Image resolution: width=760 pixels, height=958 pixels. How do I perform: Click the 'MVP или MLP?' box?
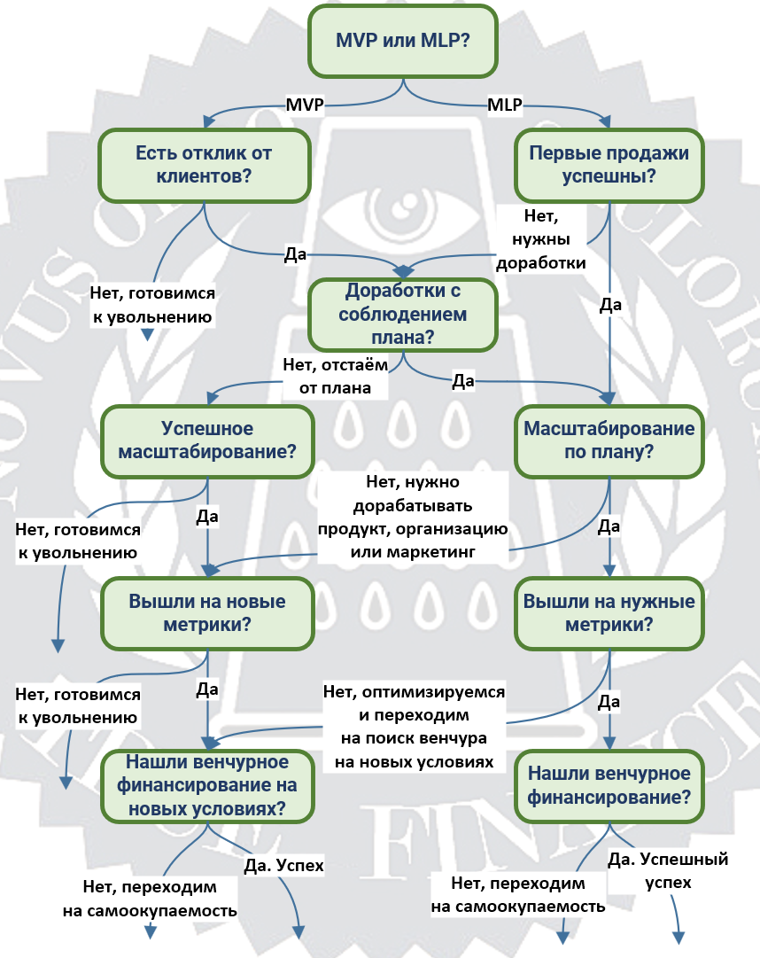(403, 41)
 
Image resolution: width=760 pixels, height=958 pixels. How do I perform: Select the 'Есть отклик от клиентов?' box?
(205, 165)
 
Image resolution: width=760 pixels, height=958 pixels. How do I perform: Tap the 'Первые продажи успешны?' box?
(609, 165)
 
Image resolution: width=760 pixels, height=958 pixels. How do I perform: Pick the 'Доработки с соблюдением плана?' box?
(403, 315)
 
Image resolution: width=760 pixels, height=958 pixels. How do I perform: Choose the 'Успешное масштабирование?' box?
(207, 441)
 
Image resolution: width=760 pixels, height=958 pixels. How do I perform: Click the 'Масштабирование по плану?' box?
(609, 441)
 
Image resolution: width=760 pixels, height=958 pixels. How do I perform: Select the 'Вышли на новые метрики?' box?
(207, 613)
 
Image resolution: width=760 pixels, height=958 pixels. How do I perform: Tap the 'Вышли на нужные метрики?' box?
(609, 613)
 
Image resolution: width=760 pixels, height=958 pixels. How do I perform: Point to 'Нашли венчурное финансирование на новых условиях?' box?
(207, 786)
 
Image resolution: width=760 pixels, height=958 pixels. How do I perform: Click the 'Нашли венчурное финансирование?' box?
(609, 786)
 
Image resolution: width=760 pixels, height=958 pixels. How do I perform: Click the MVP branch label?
(305, 105)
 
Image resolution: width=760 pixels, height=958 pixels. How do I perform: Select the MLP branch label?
(505, 105)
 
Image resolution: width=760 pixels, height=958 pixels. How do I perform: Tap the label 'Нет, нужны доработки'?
(541, 239)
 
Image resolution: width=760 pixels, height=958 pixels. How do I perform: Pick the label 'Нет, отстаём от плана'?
(335, 377)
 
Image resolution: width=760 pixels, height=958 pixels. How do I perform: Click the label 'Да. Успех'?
(283, 865)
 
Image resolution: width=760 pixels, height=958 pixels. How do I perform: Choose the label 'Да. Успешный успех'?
(668, 870)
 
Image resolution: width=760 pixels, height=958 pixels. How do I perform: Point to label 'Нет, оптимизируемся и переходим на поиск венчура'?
(414, 727)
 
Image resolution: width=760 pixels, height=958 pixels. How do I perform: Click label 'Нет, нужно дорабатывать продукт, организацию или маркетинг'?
(413, 517)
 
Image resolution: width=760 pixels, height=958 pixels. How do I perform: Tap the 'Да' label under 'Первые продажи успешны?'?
(610, 304)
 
